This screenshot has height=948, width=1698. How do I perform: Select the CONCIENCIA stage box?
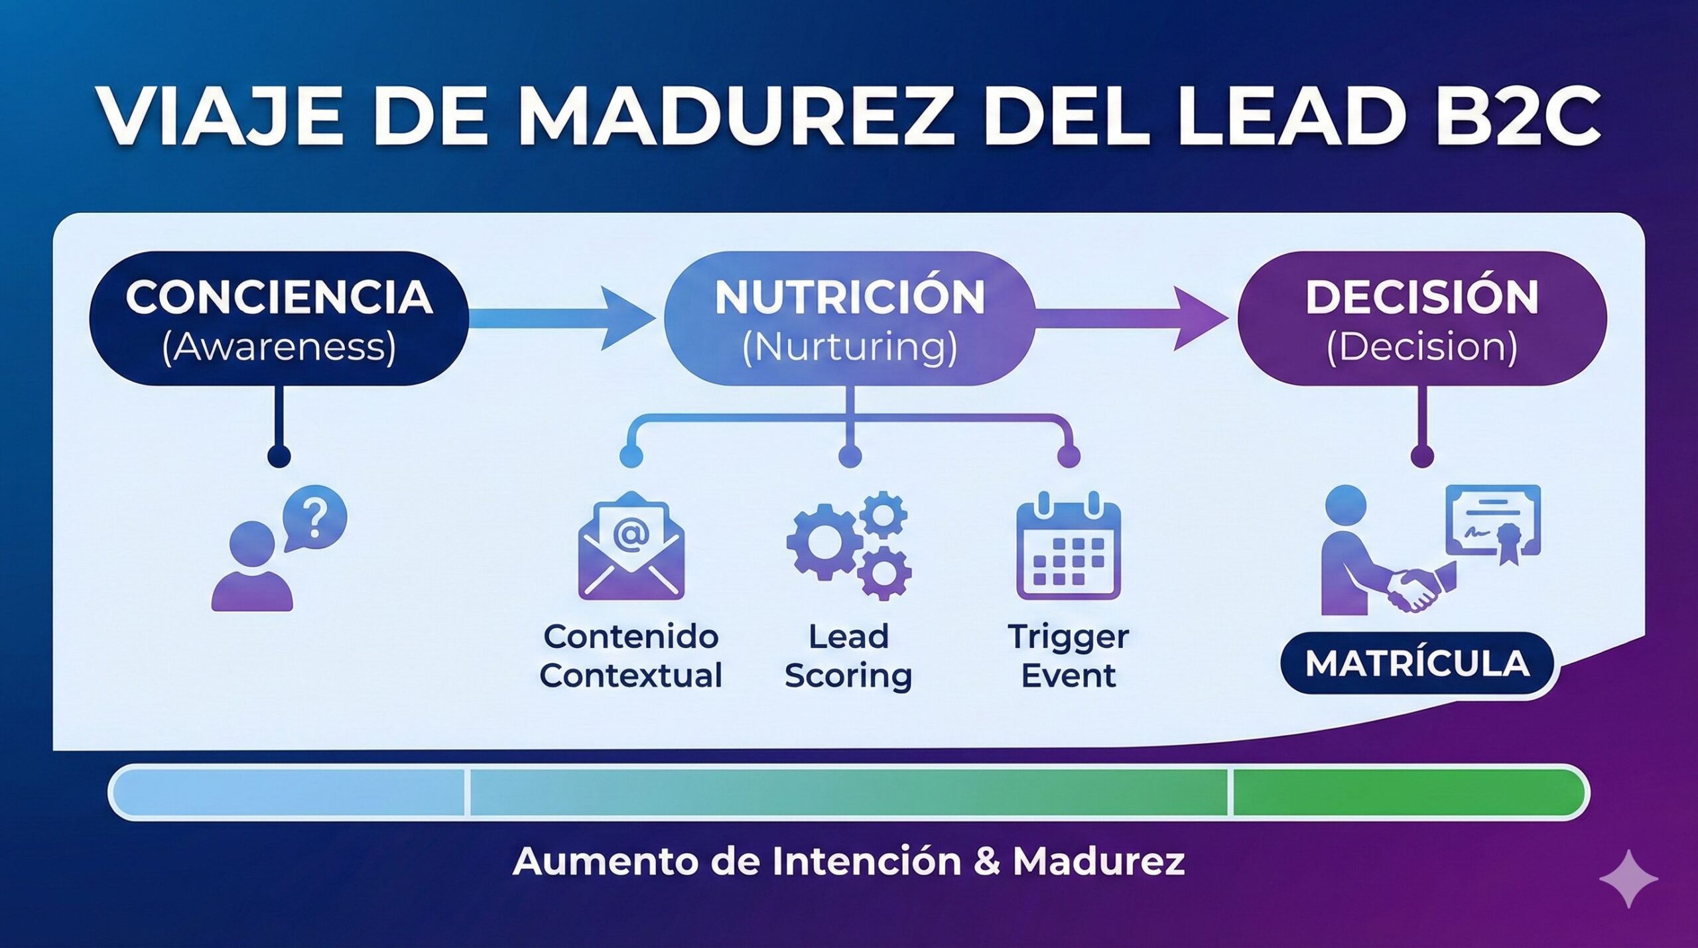coord(279,319)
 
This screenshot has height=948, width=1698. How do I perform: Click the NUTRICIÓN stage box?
coord(850,319)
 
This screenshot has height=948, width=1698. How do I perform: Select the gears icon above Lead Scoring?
coord(849,545)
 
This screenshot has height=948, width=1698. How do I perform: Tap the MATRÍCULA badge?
coord(1417,663)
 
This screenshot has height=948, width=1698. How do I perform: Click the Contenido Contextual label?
coord(631,656)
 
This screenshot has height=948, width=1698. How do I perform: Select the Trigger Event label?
coord(1068,656)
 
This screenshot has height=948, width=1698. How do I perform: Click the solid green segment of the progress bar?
coord(1406,792)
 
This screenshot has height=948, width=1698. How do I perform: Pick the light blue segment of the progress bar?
coord(289,792)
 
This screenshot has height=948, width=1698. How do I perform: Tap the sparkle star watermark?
coord(1628,878)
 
